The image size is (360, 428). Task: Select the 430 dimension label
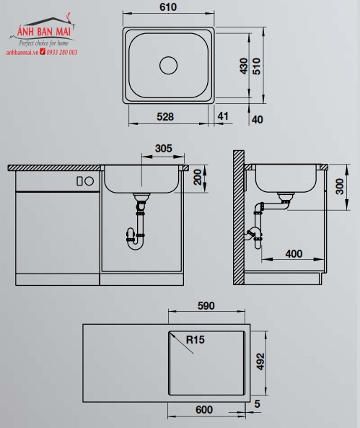pyautogui.click(x=244, y=66)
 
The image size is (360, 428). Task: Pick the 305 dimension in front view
pyautogui.click(x=164, y=149)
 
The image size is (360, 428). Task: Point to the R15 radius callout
pyautogui.click(x=194, y=339)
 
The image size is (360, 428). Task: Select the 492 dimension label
pyautogui.click(x=262, y=360)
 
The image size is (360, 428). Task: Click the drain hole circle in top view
pyautogui.click(x=168, y=66)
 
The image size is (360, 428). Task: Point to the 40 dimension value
pyautogui.click(x=256, y=120)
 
